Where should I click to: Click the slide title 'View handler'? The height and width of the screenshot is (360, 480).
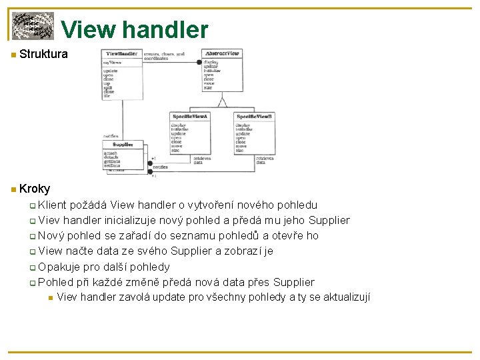click(135, 29)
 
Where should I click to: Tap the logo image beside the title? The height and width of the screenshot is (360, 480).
click(33, 26)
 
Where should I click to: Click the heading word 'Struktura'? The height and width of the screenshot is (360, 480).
click(43, 54)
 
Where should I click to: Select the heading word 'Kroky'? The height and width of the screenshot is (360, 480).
click(35, 189)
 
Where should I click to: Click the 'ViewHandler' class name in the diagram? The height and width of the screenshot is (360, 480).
click(121, 53)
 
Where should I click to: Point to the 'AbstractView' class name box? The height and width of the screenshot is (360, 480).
click(222, 53)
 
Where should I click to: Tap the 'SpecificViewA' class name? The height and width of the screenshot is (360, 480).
click(190, 117)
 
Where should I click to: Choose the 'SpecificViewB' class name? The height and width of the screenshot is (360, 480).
click(255, 117)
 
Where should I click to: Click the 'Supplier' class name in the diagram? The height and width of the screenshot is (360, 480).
click(123, 144)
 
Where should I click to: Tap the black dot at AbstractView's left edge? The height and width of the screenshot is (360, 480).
click(199, 62)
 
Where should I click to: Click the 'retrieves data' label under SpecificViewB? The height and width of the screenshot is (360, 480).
click(265, 160)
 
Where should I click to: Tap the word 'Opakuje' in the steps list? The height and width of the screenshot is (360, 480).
click(59, 266)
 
